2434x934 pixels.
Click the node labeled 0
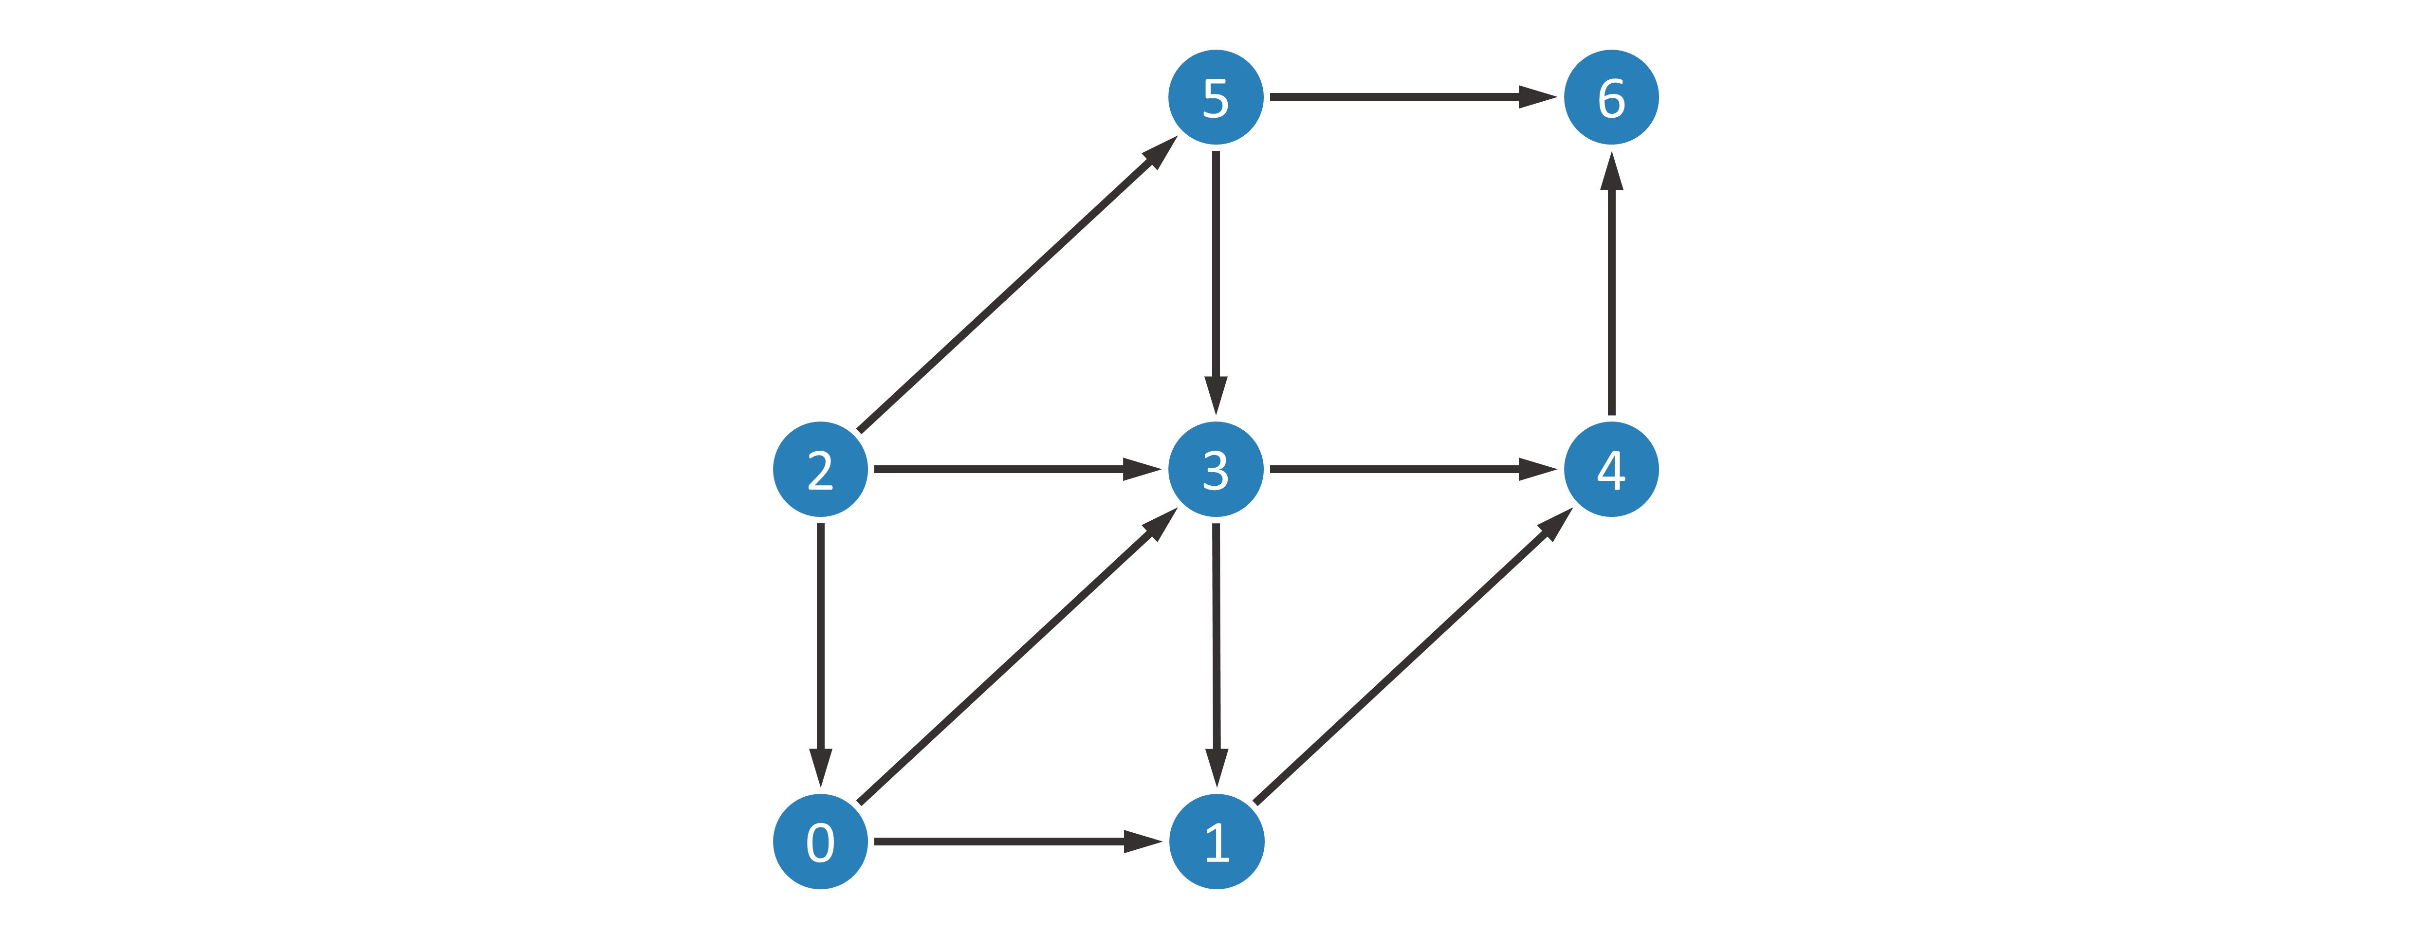[x=820, y=842]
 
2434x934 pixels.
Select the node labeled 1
[x=1216, y=842]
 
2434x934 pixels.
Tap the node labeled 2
[x=820, y=469]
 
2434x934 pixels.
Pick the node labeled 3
[x=1216, y=469]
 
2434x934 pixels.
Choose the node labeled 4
[x=1611, y=469]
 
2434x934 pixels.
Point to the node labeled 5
[x=1216, y=97]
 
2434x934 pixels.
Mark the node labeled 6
[x=1611, y=97]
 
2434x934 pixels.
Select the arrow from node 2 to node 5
[x=1017, y=283]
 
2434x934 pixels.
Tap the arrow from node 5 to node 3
[x=1216, y=282]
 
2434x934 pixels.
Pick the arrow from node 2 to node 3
[x=1017, y=468]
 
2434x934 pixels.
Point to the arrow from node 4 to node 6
[x=1611, y=283]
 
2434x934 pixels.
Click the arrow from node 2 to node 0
[x=820, y=655]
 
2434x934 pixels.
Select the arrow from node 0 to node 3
[x=1017, y=656]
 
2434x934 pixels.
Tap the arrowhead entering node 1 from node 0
[x=1143, y=842]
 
